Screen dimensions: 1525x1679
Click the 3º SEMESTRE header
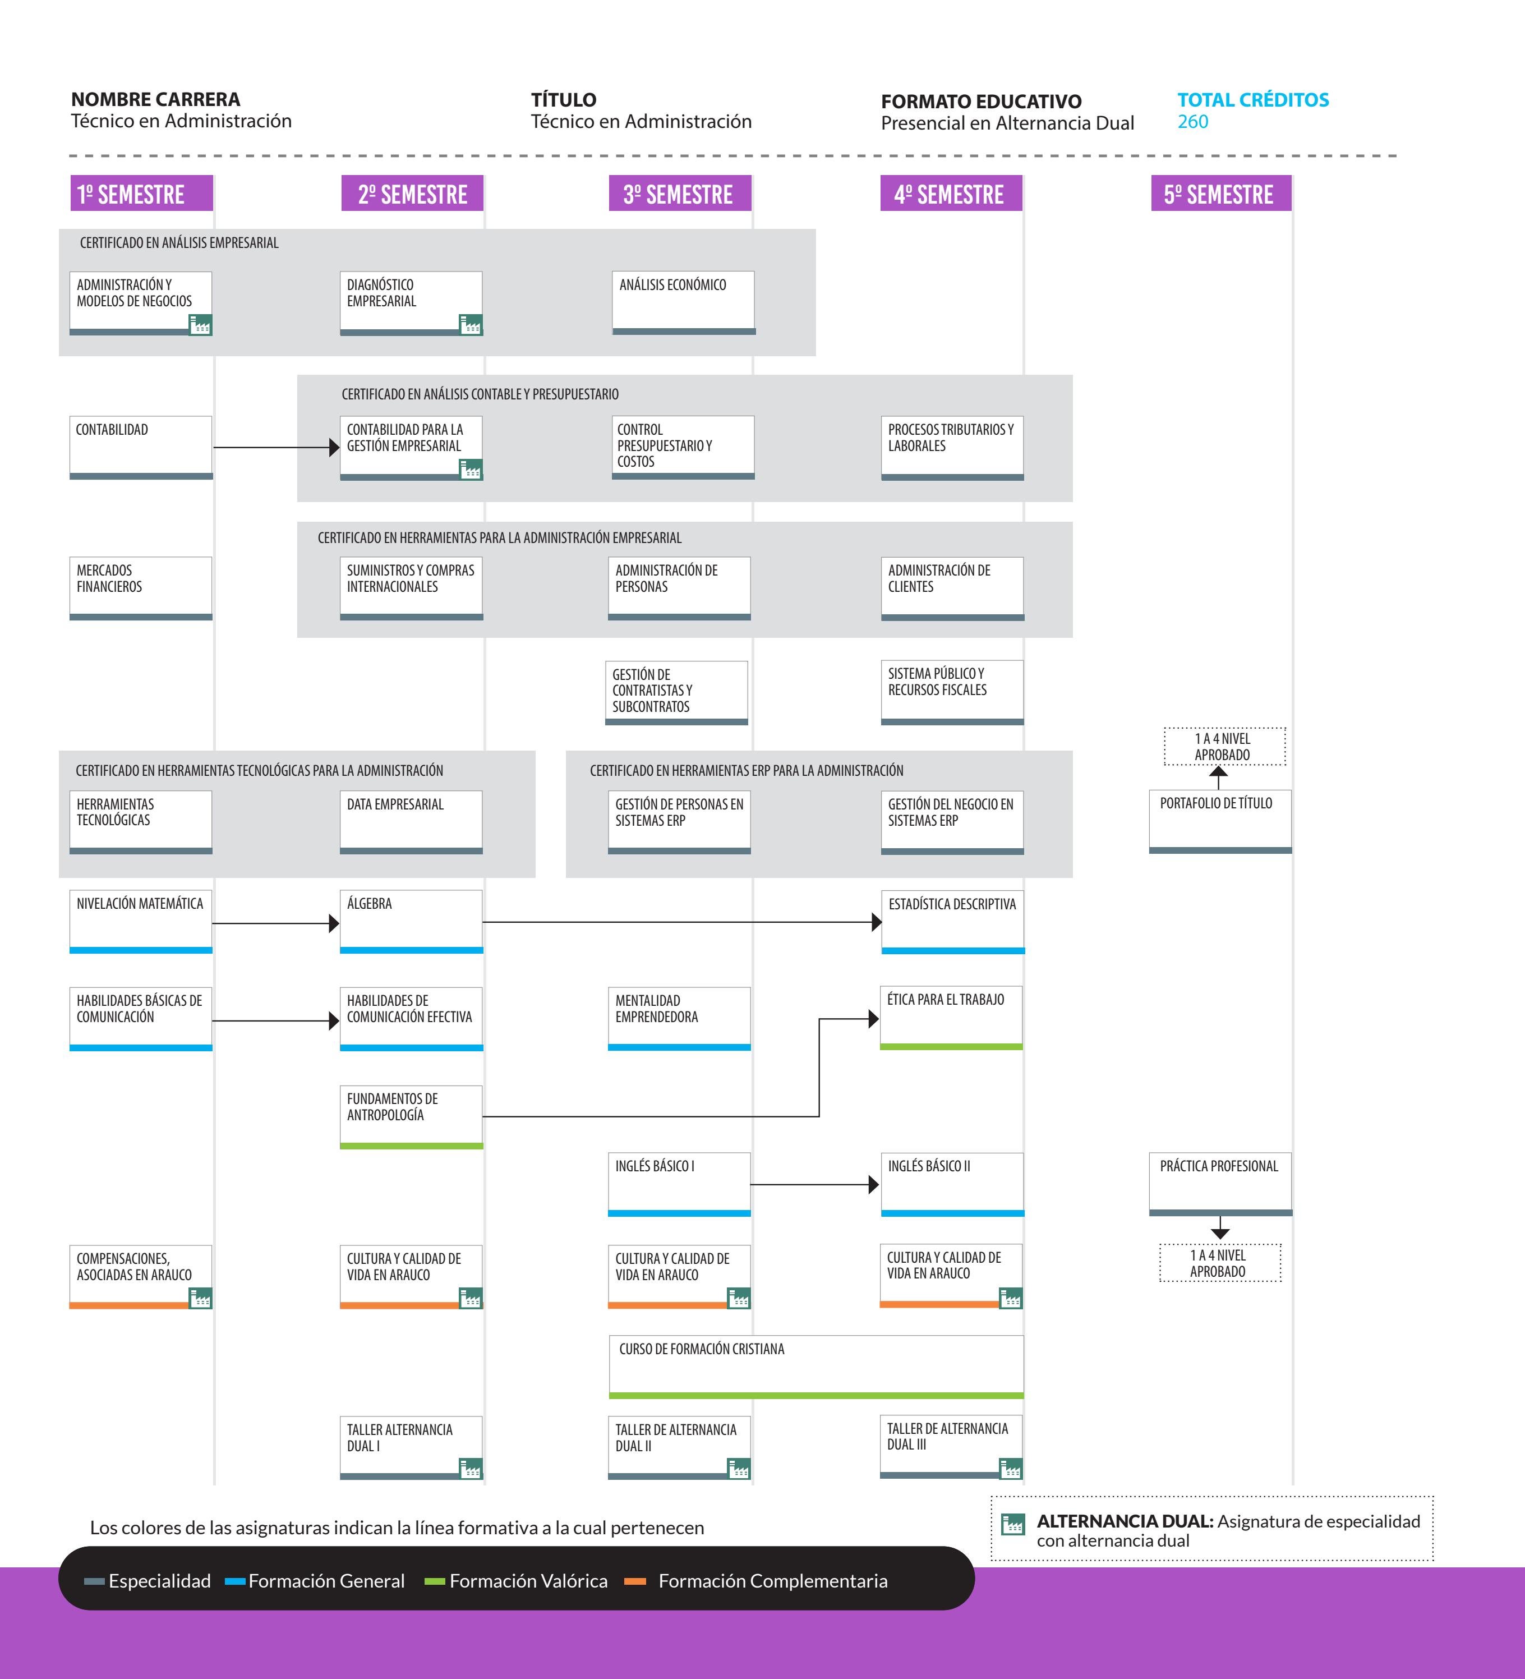click(680, 193)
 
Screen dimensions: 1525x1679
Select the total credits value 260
click(1192, 122)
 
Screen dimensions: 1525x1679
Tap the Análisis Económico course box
click(684, 302)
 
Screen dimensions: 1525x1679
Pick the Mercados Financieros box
click(141, 588)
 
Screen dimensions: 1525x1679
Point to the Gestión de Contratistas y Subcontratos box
click(676, 693)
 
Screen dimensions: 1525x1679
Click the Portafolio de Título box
click(1220, 821)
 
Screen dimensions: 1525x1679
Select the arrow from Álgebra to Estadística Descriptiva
click(682, 922)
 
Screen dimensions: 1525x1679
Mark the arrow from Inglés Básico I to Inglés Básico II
click(814, 1184)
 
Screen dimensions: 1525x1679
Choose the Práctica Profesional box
click(1220, 1184)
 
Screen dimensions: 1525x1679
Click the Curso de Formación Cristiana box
click(816, 1367)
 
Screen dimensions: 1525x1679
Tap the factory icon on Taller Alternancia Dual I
click(471, 1468)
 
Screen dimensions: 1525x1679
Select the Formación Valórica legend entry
click(517, 1581)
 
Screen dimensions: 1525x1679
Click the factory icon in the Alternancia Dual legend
click(1013, 1524)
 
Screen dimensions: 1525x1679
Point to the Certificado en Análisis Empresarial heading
click(179, 242)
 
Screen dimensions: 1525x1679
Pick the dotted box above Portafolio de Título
click(1224, 746)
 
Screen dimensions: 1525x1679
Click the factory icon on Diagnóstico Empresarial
click(471, 325)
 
